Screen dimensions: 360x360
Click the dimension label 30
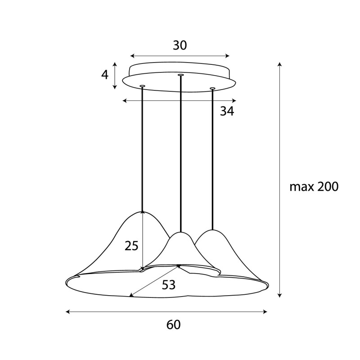coord(180,45)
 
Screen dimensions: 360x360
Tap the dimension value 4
coord(105,75)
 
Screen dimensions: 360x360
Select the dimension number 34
coord(227,111)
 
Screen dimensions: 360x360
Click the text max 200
coord(314,187)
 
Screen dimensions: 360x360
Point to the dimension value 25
coord(131,246)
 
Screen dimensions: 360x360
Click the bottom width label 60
coord(173,324)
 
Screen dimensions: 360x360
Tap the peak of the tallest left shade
coord(143,211)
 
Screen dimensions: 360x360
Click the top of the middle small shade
coord(180,233)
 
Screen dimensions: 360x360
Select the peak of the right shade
coord(212,230)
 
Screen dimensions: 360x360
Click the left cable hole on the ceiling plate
coord(143,85)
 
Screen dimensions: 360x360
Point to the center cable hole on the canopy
coord(180,75)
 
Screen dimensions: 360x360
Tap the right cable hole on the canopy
coord(212,88)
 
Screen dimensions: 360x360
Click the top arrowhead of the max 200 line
coord(280,64)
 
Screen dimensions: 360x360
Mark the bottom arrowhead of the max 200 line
coord(280,296)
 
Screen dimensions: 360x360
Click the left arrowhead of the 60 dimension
coord(67,311)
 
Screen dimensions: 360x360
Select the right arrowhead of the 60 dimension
coord(266,311)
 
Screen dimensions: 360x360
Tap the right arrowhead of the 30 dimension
coord(228,56)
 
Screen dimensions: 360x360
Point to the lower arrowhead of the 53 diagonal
coord(131,295)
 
